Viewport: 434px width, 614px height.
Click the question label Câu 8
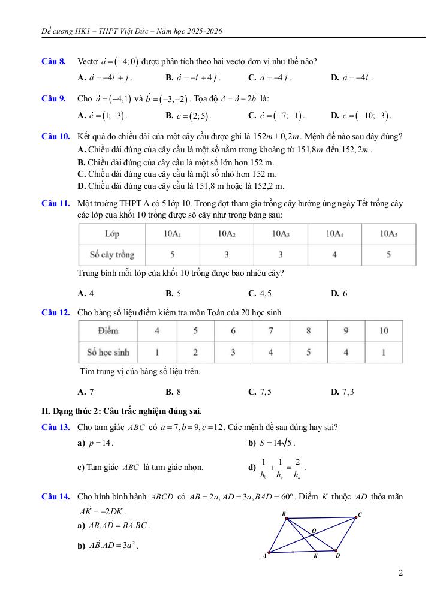[x=53, y=61]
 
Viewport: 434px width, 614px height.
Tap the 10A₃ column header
[x=281, y=234]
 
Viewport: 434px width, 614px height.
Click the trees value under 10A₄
[x=334, y=255]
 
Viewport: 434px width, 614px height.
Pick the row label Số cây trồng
[x=111, y=255]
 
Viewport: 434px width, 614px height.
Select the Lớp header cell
[x=111, y=234]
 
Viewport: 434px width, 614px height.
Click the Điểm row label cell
[x=108, y=330]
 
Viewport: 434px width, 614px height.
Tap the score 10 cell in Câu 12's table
[x=384, y=330]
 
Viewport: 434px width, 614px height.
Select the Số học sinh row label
[x=108, y=352]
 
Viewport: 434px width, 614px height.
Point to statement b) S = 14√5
[x=271, y=443]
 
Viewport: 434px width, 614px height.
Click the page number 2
[x=400, y=573]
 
